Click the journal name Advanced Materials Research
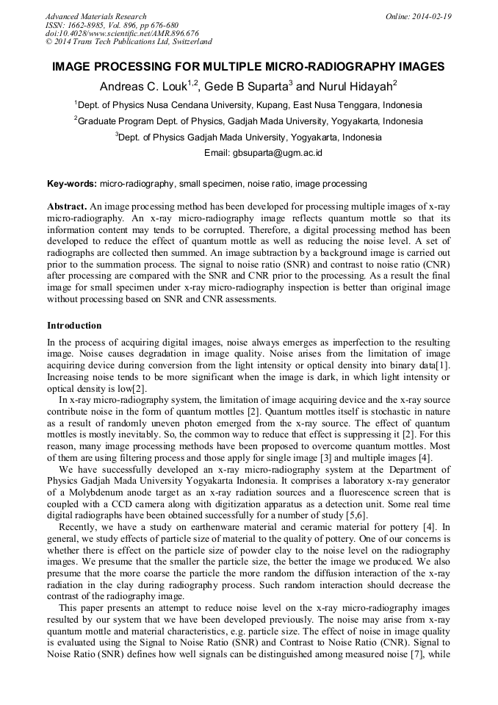pyautogui.click(x=95, y=16)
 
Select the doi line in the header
pyautogui.click(x=122, y=33)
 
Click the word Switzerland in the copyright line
pyautogui.click(x=189, y=42)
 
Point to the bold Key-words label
pyautogui.click(x=72, y=183)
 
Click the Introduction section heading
pyautogui.click(x=74, y=325)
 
